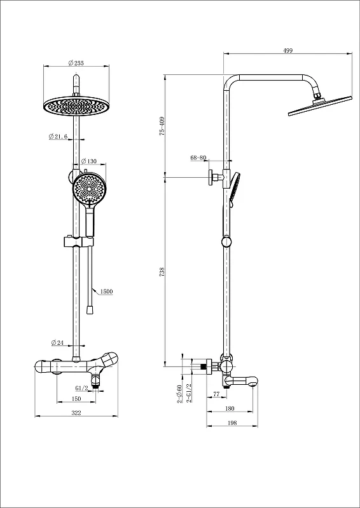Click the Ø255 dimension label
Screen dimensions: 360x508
tap(76, 63)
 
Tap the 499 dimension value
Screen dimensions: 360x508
tap(288, 50)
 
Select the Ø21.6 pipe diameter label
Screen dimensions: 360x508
tap(58, 137)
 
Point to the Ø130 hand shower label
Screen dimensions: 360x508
tap(88, 161)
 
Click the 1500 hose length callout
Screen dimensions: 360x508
tap(106, 291)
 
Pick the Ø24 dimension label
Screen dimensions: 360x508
tap(57, 342)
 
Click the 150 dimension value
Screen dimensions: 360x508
tap(76, 399)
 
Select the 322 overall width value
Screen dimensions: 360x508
tap(76, 412)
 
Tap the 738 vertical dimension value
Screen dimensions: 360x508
tap(162, 272)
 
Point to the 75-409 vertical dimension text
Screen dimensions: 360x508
tap(162, 126)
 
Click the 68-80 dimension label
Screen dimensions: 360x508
tap(198, 157)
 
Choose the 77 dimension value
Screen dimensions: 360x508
tap(216, 394)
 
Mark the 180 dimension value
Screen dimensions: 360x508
tap(230, 408)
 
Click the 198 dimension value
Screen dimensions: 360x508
tap(232, 423)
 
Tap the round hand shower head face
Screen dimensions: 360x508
tap(88, 188)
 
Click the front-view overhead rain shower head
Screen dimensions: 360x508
tap(76, 105)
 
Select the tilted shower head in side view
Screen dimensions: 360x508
tap(320, 105)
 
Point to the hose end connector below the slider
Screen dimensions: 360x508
tap(90, 310)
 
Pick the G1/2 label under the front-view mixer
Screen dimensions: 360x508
tap(82, 388)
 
